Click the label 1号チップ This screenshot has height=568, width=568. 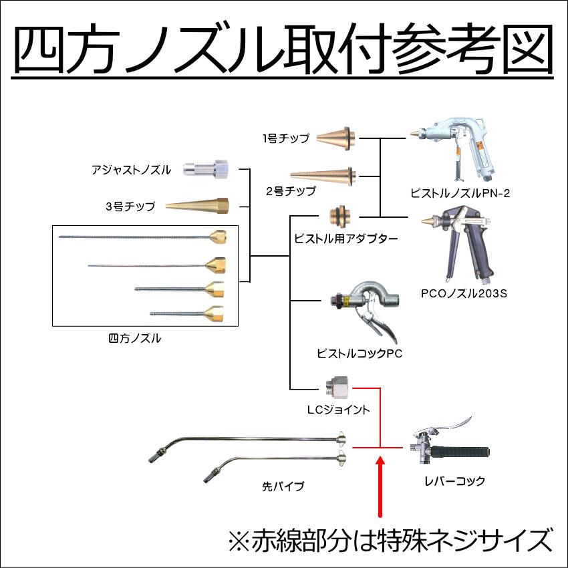click(285, 139)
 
